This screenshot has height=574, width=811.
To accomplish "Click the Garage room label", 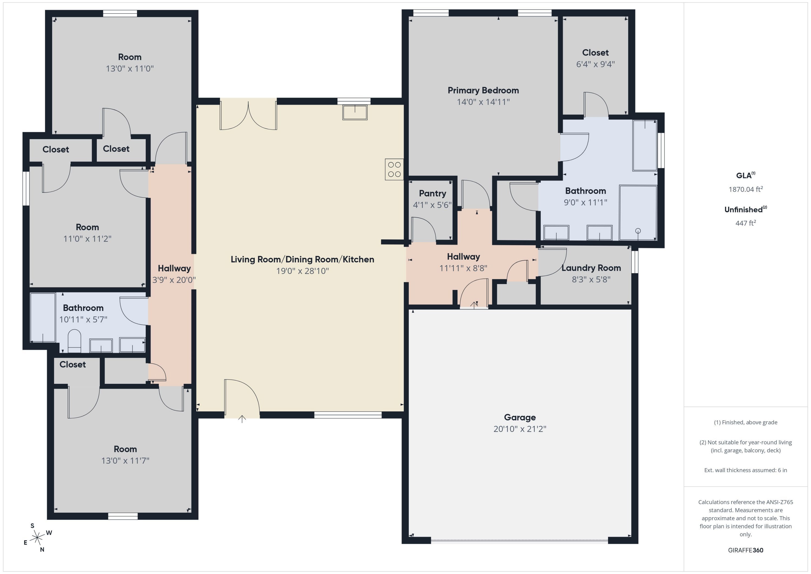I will click(520, 417).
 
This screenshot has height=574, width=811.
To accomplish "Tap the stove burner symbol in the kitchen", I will click(394, 170).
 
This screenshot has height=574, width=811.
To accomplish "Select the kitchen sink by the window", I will click(355, 113).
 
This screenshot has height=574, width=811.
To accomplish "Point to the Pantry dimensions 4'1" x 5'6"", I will click(432, 205).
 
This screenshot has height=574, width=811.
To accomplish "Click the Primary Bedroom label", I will click(483, 91).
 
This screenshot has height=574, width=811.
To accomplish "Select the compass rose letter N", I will click(42, 550).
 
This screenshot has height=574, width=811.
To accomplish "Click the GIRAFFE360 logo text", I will click(745, 550).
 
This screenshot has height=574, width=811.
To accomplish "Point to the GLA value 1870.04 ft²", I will click(745, 189).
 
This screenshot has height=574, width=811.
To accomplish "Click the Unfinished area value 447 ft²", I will click(745, 223).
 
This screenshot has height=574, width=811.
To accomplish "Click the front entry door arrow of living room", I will click(242, 419).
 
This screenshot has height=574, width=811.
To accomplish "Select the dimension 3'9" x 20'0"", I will click(174, 280).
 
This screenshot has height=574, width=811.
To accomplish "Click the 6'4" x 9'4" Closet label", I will click(595, 53).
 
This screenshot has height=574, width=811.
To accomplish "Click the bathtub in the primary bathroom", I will click(645, 146).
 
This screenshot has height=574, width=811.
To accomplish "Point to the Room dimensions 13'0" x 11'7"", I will click(125, 461).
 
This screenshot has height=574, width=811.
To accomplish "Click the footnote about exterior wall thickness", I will click(745, 470).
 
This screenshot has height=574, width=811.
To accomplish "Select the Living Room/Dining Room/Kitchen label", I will click(302, 259).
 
